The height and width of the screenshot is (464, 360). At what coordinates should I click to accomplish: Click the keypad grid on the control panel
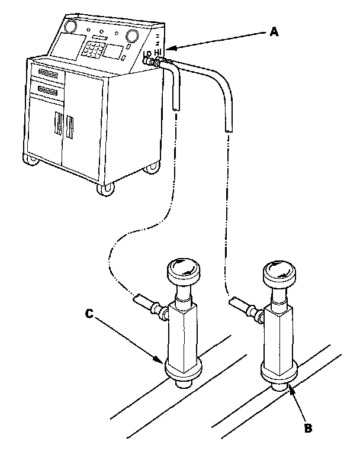coord(92,49)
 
